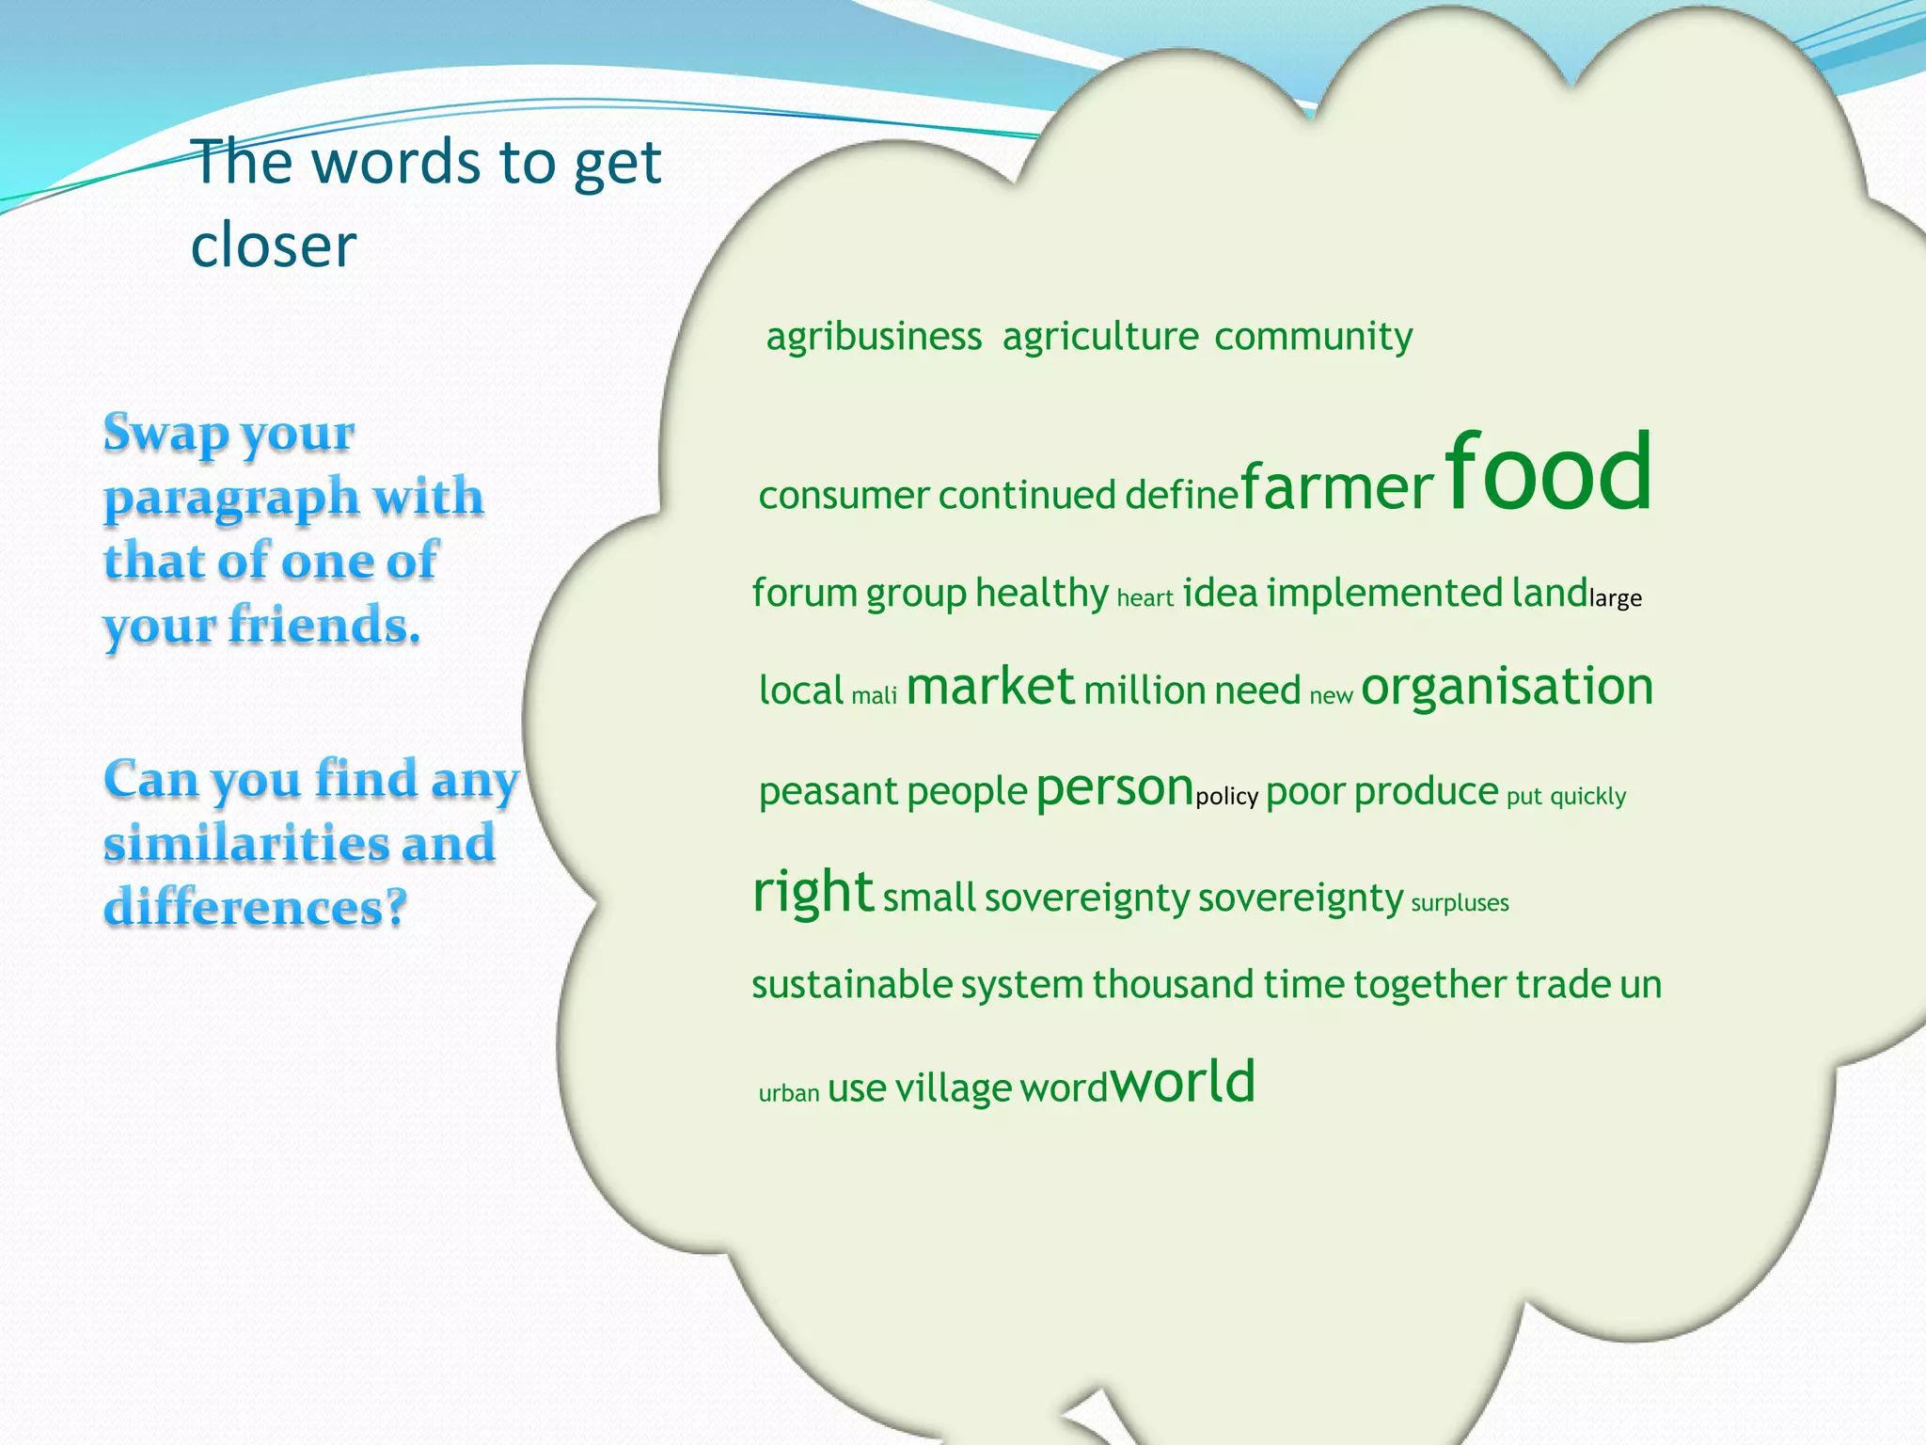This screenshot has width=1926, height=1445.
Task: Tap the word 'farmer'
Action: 1336,488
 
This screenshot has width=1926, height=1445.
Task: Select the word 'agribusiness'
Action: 874,337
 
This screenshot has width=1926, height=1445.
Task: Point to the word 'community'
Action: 1313,337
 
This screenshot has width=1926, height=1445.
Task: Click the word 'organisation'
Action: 1507,687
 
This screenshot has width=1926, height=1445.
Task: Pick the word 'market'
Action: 989,687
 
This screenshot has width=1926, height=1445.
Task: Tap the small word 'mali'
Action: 874,696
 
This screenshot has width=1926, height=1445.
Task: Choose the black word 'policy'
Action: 1226,797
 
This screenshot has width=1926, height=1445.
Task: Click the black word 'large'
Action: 1615,598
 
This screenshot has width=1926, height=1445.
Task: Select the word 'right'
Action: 813,891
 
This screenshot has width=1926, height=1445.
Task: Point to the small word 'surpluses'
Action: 1460,903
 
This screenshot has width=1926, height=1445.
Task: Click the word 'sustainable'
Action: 852,985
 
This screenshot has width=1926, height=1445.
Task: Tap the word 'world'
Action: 1183,1082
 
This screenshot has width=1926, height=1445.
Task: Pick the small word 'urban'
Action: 789,1093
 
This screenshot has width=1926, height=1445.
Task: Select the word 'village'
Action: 953,1088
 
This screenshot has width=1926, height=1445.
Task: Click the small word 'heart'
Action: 1145,598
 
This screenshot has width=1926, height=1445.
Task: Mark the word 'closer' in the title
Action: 273,246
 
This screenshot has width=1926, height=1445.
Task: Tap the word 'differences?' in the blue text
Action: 255,907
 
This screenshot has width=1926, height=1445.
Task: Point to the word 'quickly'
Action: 1587,797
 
